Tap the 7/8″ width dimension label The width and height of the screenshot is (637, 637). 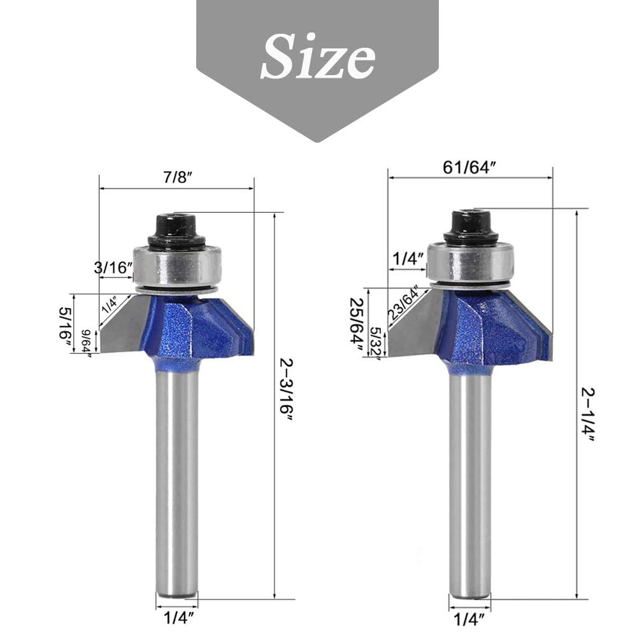point(178,177)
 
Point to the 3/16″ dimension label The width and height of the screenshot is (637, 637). point(113,268)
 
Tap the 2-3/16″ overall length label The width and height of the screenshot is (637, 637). point(287,391)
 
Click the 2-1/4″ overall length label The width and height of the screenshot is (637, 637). point(588,415)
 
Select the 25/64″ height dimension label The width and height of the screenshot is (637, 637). point(356,326)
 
